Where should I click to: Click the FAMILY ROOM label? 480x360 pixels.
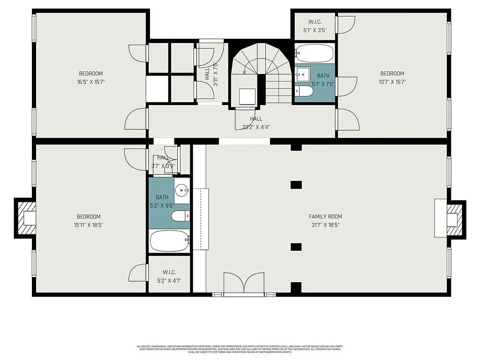[325, 217]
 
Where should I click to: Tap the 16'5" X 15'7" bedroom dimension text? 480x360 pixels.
[91, 82]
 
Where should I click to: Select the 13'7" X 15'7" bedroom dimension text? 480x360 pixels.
[392, 82]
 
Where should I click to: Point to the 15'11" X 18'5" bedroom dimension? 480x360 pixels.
[89, 225]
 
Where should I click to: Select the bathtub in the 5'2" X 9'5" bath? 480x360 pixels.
[169, 241]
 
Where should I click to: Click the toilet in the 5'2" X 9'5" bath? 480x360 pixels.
[180, 216]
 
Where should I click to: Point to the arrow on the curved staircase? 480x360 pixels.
[244, 70]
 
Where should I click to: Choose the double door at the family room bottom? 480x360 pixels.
[244, 284]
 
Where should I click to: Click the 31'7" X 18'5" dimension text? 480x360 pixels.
[325, 225]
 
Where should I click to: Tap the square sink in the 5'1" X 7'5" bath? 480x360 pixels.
[303, 73]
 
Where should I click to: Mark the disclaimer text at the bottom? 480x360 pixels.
[240, 349]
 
